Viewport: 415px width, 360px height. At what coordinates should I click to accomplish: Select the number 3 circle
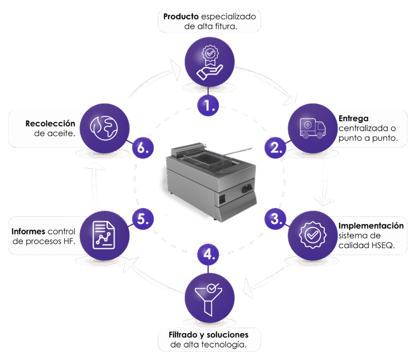tap(276, 218)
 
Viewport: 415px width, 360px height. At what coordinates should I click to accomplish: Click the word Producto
tap(181, 16)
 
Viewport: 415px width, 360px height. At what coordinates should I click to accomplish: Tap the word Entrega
tap(353, 118)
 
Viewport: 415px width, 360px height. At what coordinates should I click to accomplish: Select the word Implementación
tap(371, 225)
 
